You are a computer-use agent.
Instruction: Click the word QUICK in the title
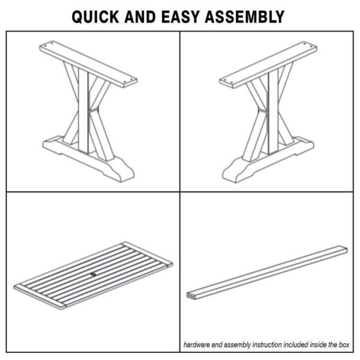tap(95, 17)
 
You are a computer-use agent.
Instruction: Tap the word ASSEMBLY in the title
tap(245, 17)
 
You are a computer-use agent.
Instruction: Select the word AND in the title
tap(140, 17)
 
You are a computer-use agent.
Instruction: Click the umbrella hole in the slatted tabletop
tap(93, 274)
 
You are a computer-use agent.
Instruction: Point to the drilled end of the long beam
tap(191, 296)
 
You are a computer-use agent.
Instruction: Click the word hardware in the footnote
tap(197, 344)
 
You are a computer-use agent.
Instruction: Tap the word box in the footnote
tap(344, 344)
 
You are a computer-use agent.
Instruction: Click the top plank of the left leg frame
tap(88, 64)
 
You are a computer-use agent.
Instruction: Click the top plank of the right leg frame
tap(268, 64)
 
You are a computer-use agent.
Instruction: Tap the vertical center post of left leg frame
tap(83, 110)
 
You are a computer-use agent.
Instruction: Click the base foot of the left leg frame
tap(88, 159)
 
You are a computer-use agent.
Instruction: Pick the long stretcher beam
tap(267, 272)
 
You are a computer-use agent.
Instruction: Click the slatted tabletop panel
tap(93, 275)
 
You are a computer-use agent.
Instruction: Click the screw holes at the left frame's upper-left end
tap(49, 44)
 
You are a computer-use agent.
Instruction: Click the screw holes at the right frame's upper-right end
tap(308, 44)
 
